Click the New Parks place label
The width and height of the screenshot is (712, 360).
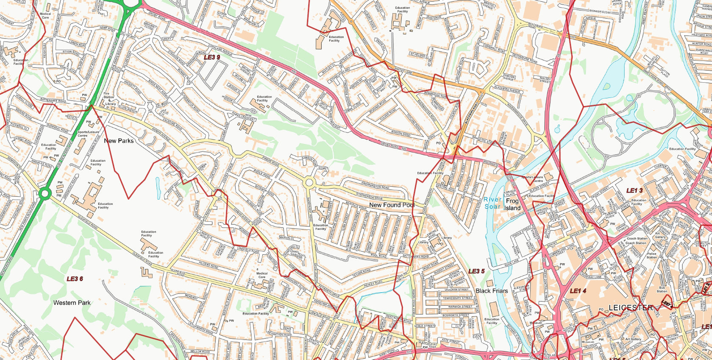pyautogui.click(x=119, y=141)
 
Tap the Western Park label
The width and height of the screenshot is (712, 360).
pyautogui.click(x=72, y=303)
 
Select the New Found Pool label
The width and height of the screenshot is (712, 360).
pyautogui.click(x=392, y=205)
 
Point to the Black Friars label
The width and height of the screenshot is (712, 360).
pyautogui.click(x=492, y=291)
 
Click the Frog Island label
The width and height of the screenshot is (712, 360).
pyautogui.click(x=512, y=204)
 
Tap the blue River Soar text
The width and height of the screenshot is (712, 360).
pyautogui.click(x=492, y=203)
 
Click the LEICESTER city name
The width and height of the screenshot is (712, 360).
pyautogui.click(x=631, y=307)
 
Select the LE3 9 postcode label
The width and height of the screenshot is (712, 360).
pyautogui.click(x=212, y=57)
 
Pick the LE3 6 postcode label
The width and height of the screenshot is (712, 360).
pyautogui.click(x=75, y=279)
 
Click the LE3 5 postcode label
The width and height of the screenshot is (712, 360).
pyautogui.click(x=476, y=271)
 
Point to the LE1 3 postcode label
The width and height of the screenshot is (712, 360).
pyautogui.click(x=634, y=191)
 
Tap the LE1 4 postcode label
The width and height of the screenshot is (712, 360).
pyautogui.click(x=578, y=291)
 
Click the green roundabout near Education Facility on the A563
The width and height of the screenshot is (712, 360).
pyautogui.click(x=44, y=194)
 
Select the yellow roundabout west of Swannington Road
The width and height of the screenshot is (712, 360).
pyautogui.click(x=309, y=183)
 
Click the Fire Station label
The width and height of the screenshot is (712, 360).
pyautogui.click(x=109, y=95)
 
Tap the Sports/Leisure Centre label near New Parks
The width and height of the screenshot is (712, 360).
pyautogui.click(x=89, y=134)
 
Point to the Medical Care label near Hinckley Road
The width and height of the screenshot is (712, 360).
pyautogui.click(x=262, y=275)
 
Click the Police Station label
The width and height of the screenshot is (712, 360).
pyautogui.click(x=652, y=255)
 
